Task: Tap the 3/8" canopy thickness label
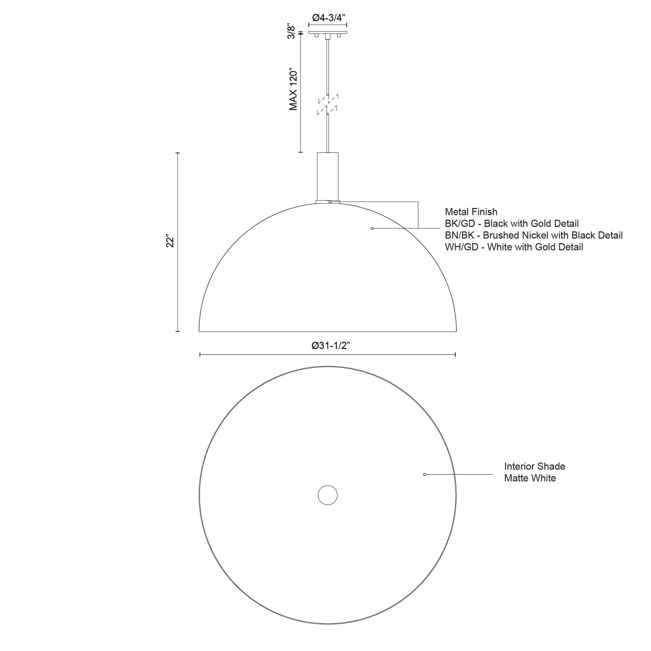coord(292,31)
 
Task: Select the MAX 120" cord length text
coord(293,90)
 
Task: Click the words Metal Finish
coord(471,212)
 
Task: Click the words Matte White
coord(530,478)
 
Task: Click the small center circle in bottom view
coord(328,495)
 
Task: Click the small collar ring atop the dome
coord(328,202)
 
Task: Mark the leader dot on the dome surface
coord(372,228)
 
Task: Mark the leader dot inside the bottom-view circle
coord(425,474)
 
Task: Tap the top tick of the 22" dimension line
coord(178,153)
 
